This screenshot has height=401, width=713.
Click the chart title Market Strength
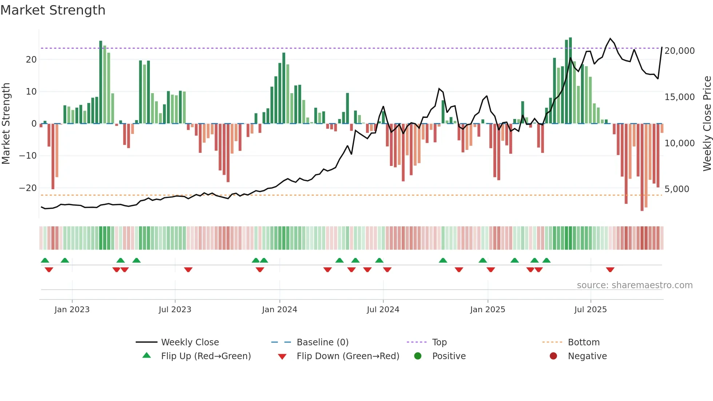(x=53, y=10)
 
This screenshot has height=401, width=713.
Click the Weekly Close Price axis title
(x=707, y=124)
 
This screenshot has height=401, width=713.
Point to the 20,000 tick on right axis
(x=679, y=51)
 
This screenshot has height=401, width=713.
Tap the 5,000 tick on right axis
(x=677, y=189)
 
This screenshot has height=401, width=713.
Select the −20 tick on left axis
(x=28, y=188)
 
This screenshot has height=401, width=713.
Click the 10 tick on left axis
(x=31, y=92)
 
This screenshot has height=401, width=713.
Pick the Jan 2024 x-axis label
(x=279, y=310)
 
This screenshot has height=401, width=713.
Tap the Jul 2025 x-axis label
(x=590, y=310)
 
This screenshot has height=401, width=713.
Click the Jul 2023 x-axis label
(x=175, y=310)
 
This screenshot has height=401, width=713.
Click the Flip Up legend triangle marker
(x=147, y=356)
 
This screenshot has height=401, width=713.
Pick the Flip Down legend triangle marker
(x=282, y=357)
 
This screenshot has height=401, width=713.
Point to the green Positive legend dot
(x=418, y=356)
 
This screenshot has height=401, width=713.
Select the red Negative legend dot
(x=553, y=356)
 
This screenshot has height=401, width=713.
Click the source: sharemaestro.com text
(x=634, y=285)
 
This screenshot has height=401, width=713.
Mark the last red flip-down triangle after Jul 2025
(x=610, y=270)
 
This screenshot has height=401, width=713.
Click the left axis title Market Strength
(x=6, y=124)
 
